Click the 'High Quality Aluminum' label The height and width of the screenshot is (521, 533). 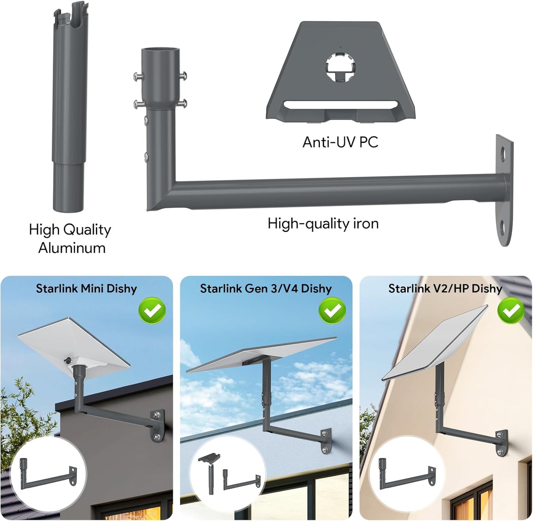(x=70, y=239)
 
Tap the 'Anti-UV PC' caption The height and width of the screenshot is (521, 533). (x=340, y=142)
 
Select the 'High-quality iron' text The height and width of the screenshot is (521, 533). (x=323, y=224)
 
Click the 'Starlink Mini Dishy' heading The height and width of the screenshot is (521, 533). (x=86, y=288)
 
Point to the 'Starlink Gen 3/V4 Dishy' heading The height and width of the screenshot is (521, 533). (x=266, y=288)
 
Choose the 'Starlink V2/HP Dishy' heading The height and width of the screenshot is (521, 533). (x=445, y=288)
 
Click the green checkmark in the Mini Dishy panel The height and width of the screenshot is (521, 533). (x=152, y=311)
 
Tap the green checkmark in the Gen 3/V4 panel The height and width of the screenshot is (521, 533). (x=332, y=311)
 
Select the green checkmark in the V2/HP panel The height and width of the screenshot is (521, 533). (x=511, y=311)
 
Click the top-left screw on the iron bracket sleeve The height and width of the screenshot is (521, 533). (x=138, y=77)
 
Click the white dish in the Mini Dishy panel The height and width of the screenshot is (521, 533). (x=74, y=343)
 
